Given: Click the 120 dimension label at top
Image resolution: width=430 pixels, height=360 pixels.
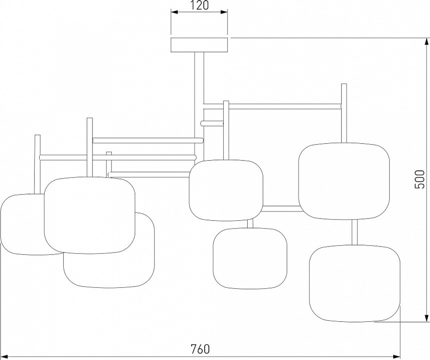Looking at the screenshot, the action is click(199, 5).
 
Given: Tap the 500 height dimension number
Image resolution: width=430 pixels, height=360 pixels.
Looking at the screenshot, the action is click(420, 179).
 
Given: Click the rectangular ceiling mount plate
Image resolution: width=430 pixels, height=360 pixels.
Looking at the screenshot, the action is click(200, 45).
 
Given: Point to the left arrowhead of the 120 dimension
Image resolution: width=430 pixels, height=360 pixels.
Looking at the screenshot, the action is click(175, 12).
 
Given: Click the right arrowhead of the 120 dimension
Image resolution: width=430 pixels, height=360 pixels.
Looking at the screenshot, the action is click(224, 12).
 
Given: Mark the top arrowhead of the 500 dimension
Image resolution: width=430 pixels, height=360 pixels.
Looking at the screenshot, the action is click(427, 42).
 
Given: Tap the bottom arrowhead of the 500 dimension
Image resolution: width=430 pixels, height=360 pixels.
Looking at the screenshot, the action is click(427, 318).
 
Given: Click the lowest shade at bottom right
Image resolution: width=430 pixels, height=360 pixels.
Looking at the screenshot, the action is click(355, 283).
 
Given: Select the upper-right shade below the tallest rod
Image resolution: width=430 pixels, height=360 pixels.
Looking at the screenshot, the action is click(344, 181).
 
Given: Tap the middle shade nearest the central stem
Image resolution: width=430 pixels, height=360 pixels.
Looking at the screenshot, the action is click(226, 191).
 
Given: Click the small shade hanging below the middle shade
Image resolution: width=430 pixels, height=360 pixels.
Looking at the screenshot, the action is click(250, 258).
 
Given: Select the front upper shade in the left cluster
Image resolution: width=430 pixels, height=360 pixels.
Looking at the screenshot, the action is click(90, 215).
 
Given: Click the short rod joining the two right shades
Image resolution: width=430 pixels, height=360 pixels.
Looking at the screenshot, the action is click(355, 232).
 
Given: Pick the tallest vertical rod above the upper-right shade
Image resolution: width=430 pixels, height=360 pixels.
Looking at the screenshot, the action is click(344, 113).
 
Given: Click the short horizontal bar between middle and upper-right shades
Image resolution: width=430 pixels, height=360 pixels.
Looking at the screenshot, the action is click(281, 209).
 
